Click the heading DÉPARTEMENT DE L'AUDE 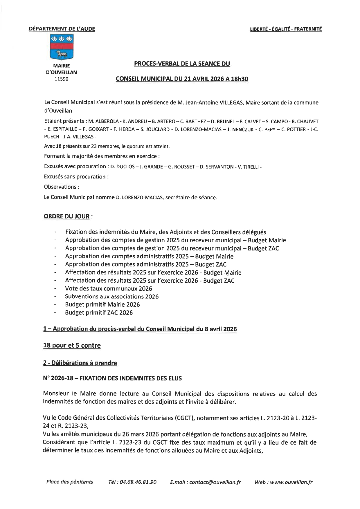click(62, 29)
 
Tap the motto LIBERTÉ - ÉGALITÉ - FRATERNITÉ click(286, 29)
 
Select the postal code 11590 click(62, 79)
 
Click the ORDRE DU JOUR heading click(66, 216)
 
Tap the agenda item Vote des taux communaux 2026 click(109, 288)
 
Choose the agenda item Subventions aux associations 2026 click(112, 297)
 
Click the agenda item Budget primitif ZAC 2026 click(99, 313)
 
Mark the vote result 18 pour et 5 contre click(72, 345)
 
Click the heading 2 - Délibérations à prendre click(80, 363)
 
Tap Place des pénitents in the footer click(70, 482)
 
